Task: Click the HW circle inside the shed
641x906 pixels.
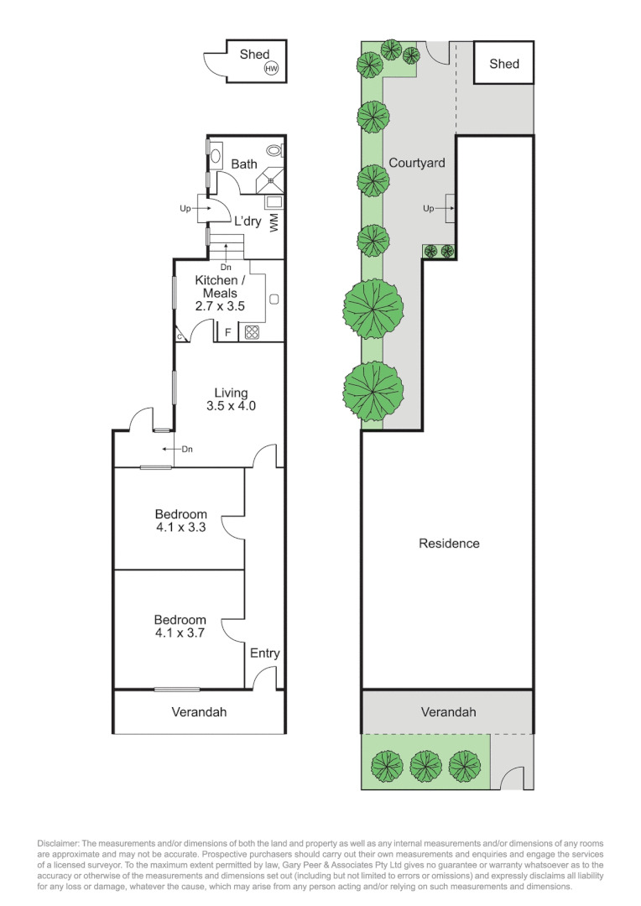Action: pyautogui.click(x=271, y=69)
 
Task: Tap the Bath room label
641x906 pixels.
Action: pyautogui.click(x=244, y=164)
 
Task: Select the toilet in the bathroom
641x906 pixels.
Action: pyautogui.click(x=275, y=151)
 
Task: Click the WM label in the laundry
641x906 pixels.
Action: pyautogui.click(x=274, y=221)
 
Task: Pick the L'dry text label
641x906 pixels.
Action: pyautogui.click(x=248, y=222)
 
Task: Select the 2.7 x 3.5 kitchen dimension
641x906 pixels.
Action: pyautogui.click(x=220, y=307)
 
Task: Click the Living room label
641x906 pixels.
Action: pyautogui.click(x=231, y=392)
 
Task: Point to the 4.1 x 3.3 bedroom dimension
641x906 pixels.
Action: pyautogui.click(x=180, y=528)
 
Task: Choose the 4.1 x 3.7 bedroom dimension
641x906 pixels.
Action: pyautogui.click(x=180, y=633)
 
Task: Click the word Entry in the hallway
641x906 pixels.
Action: pyautogui.click(x=264, y=653)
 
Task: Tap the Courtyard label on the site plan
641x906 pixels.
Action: pyautogui.click(x=416, y=163)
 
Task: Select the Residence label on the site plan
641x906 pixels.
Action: pyautogui.click(x=449, y=544)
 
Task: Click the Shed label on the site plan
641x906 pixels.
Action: pyautogui.click(x=503, y=64)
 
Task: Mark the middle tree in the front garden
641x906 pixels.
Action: pyautogui.click(x=426, y=765)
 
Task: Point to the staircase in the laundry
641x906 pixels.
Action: pyautogui.click(x=226, y=247)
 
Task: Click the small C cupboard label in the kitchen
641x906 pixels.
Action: pyautogui.click(x=180, y=336)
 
